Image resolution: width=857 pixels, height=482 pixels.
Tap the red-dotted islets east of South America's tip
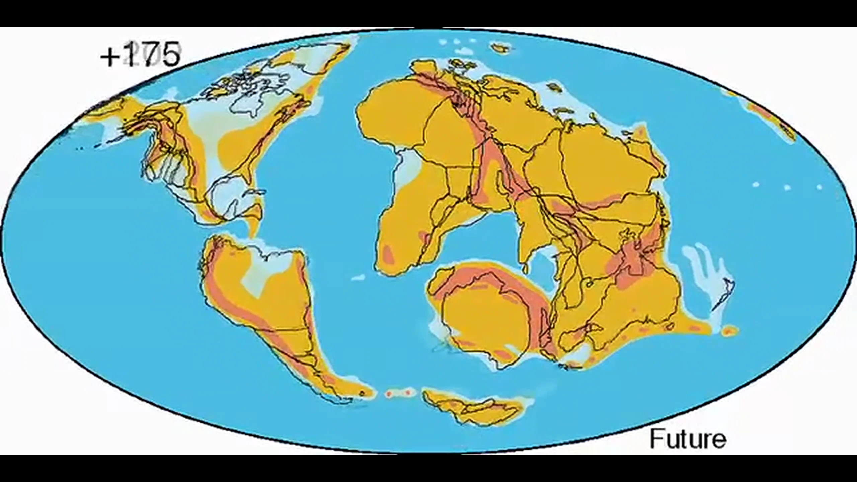click(398, 392)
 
